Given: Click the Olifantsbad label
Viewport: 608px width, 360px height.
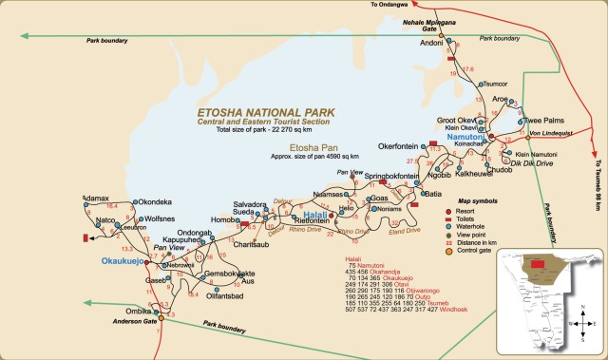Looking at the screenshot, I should (226, 296).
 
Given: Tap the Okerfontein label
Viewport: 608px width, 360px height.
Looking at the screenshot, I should (398, 146).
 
